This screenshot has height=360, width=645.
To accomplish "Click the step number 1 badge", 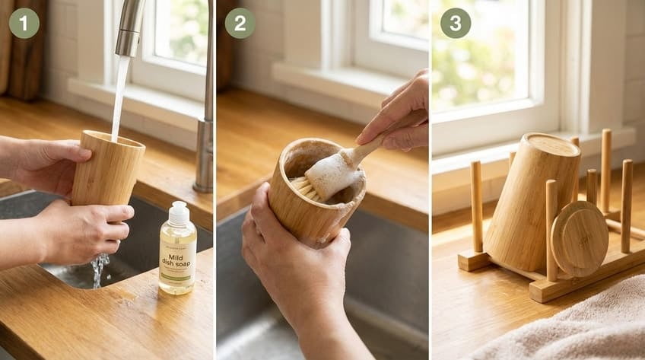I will pyautogui.click(x=24, y=23).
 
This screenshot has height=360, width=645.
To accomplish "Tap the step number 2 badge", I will pyautogui.click(x=240, y=23).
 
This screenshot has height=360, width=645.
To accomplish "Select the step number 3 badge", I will pyautogui.click(x=455, y=23).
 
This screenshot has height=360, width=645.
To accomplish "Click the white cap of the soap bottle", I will pyautogui.click(x=177, y=213).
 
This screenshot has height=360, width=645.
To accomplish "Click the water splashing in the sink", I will pyautogui.click(x=97, y=270).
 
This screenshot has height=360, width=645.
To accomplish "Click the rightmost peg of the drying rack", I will pyautogui.click(x=625, y=205).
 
